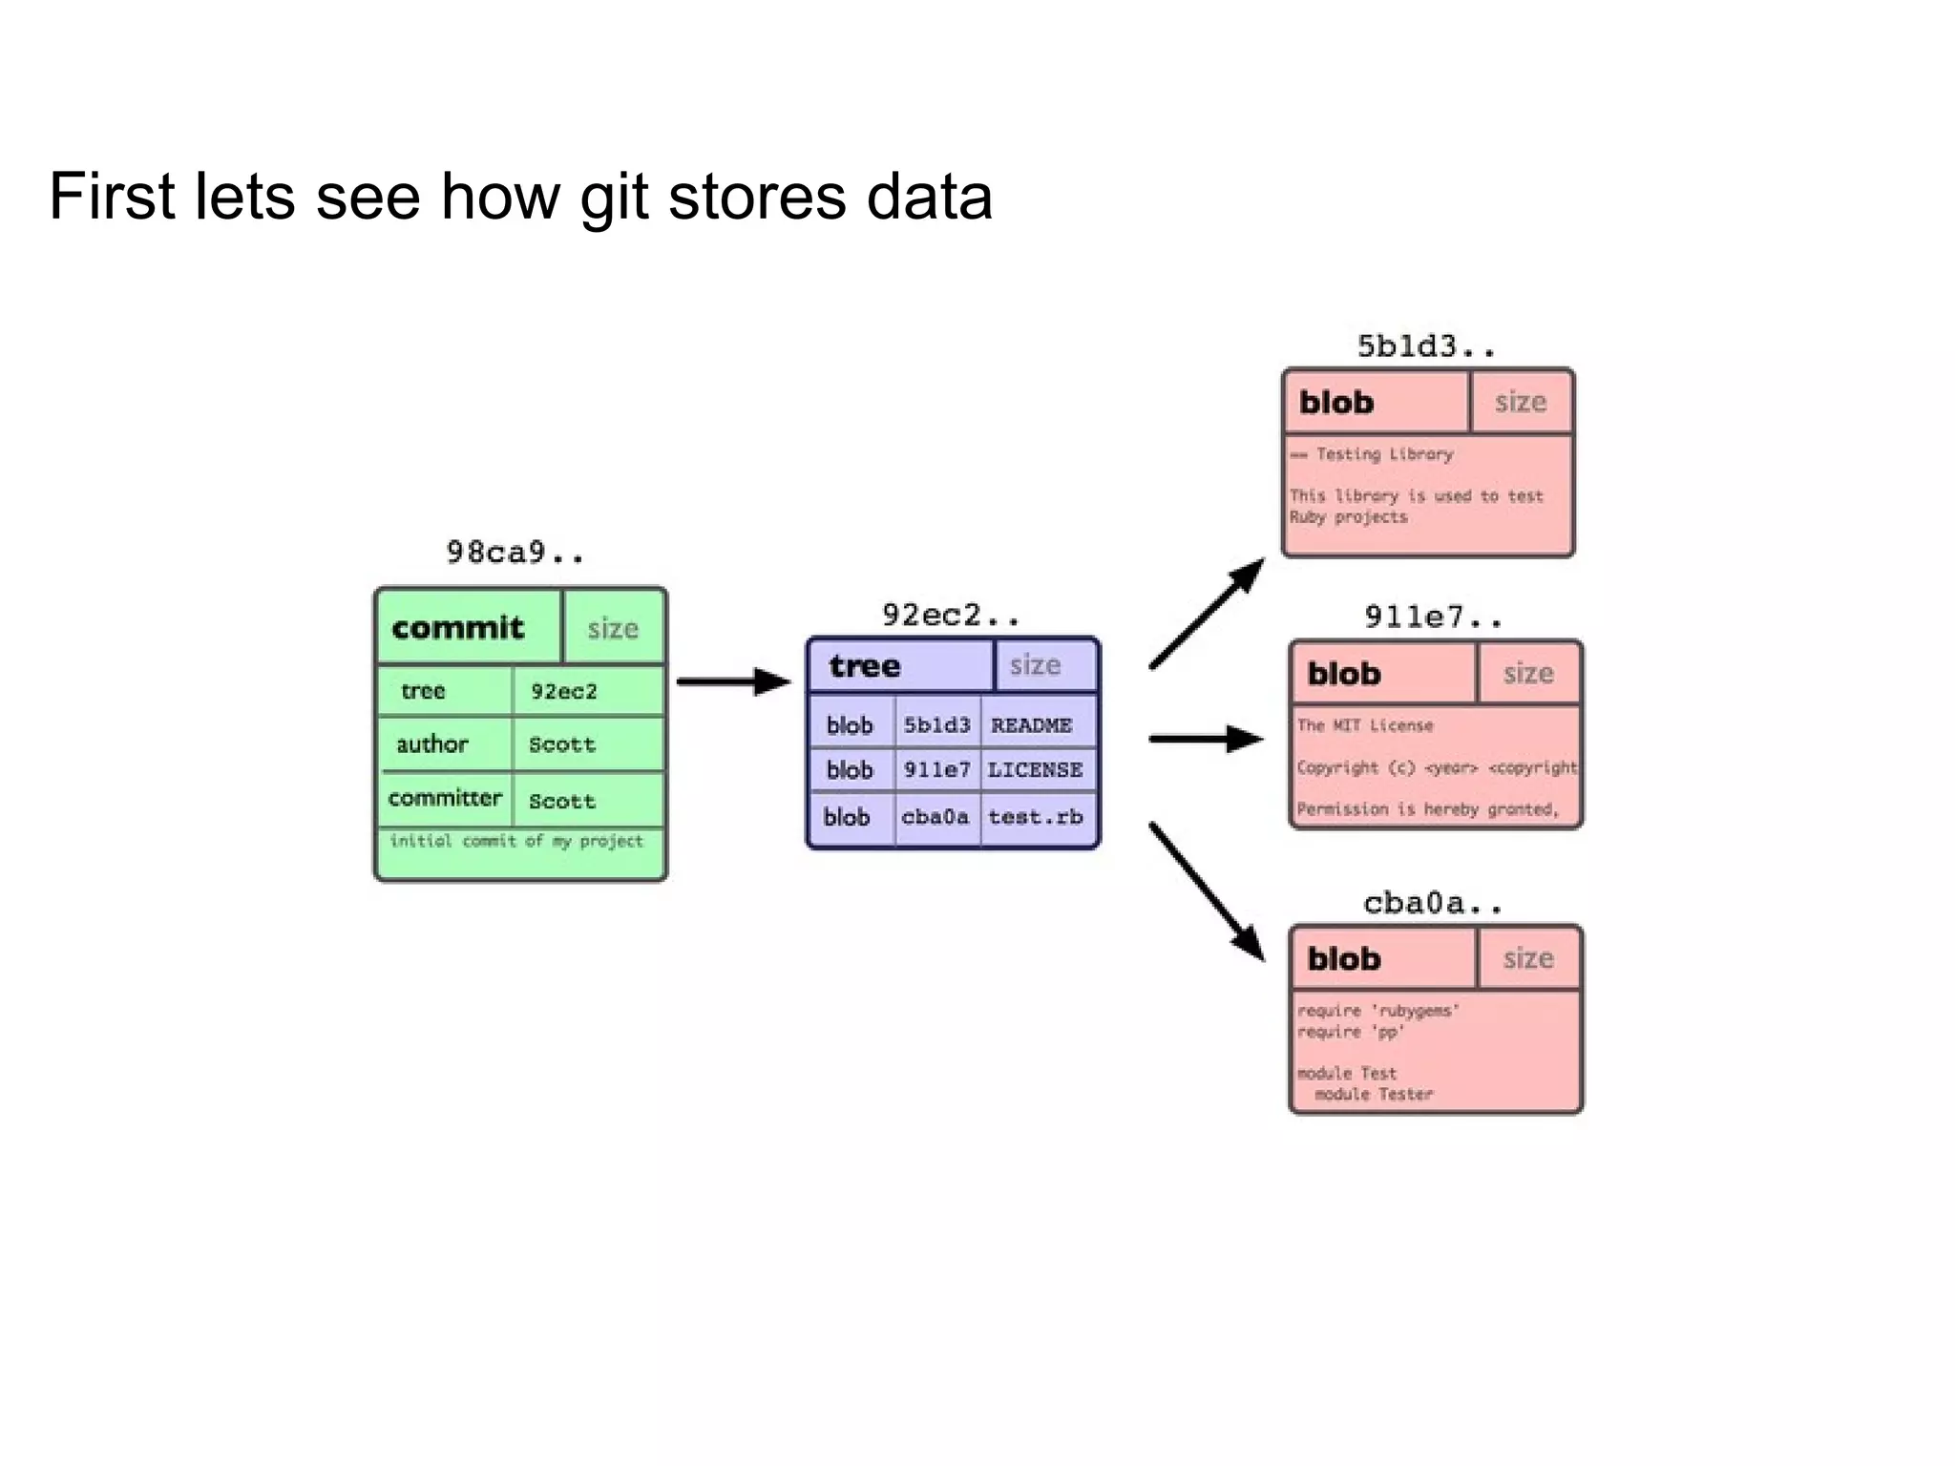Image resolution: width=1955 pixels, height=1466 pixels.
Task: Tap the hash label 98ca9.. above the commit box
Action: click(x=515, y=553)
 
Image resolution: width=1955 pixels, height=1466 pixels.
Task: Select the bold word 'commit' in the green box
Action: click(x=458, y=628)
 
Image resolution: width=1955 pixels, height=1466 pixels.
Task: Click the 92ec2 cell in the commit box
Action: click(x=564, y=691)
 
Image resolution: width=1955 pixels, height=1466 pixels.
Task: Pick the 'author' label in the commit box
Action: click(x=431, y=744)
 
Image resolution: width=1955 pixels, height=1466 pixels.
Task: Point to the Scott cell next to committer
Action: click(x=562, y=801)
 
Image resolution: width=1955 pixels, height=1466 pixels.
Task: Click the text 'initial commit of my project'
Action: click(x=516, y=841)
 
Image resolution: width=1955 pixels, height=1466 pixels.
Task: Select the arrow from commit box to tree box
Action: click(x=733, y=681)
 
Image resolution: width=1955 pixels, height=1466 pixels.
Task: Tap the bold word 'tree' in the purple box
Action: click(x=865, y=665)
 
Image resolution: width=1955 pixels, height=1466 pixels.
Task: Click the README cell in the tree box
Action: click(x=1031, y=725)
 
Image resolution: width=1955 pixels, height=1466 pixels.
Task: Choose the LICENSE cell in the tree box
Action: click(x=1035, y=769)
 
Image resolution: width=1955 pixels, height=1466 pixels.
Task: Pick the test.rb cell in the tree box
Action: click(x=1035, y=817)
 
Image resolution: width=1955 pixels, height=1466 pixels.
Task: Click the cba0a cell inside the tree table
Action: click(x=935, y=817)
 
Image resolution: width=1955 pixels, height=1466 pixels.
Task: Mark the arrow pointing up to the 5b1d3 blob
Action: click(x=1207, y=614)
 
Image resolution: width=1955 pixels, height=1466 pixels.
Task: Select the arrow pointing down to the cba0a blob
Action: click(x=1207, y=890)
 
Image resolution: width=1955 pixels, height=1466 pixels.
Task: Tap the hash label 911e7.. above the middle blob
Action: click(x=1432, y=618)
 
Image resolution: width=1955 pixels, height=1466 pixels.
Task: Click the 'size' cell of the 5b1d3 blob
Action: click(x=1520, y=402)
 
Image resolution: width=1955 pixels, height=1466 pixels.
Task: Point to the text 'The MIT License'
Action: click(x=1365, y=725)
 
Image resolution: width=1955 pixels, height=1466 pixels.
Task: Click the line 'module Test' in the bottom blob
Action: click(x=1347, y=1073)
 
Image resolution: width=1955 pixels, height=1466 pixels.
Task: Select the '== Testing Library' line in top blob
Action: click(x=1372, y=454)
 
